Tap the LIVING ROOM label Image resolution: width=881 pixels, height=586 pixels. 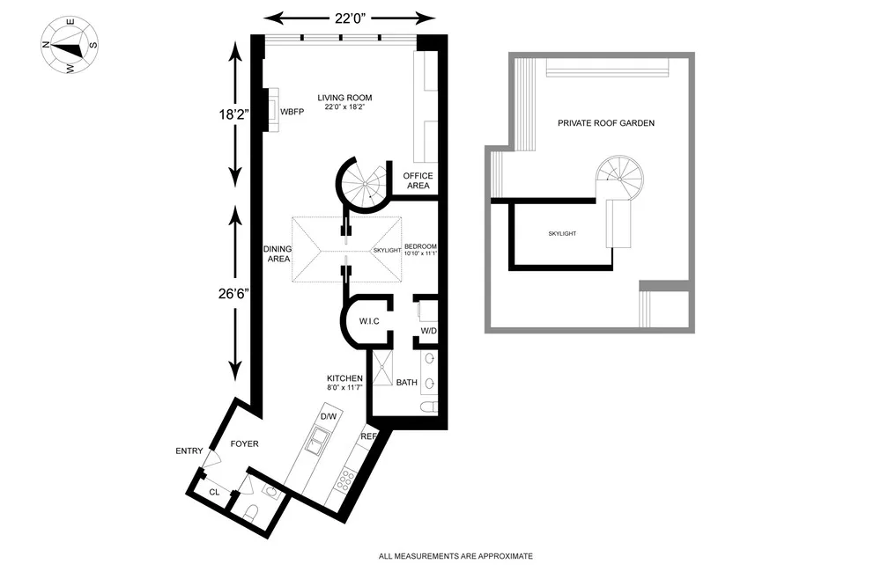click(x=345, y=98)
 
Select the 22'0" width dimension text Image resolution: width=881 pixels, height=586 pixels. click(x=350, y=18)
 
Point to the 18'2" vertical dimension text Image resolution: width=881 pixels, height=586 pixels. click(x=236, y=114)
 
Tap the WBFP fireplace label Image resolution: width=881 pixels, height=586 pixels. click(x=292, y=113)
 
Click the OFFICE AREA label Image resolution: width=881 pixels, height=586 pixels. click(x=418, y=180)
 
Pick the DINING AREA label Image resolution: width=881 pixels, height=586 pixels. click(x=278, y=254)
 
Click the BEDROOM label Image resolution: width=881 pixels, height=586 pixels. click(x=420, y=246)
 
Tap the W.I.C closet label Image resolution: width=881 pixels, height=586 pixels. click(x=368, y=321)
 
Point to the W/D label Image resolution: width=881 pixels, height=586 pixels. click(x=428, y=331)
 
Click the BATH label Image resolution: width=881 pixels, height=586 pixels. click(x=406, y=383)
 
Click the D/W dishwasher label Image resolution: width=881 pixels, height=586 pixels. click(x=329, y=416)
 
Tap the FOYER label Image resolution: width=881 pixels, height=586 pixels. click(x=244, y=443)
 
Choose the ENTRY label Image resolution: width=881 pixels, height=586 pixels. click(x=189, y=451)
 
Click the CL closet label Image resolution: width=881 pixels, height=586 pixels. click(x=214, y=492)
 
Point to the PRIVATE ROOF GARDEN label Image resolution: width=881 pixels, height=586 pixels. click(x=605, y=123)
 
